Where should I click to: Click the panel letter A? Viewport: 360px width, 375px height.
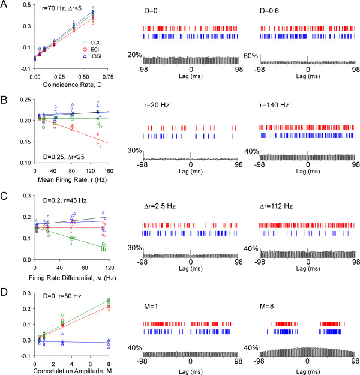click(5, 6)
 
